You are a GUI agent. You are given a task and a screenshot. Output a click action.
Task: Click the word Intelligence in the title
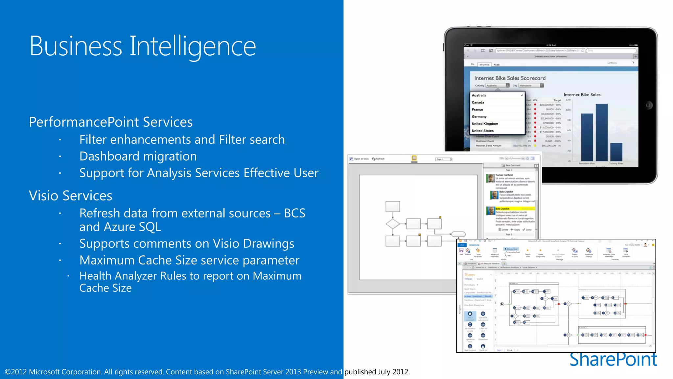point(193,47)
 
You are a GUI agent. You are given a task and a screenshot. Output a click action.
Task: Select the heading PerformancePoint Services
point(111,122)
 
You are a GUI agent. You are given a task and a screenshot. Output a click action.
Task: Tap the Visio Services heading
point(71,196)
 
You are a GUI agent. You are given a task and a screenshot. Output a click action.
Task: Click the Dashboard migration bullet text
point(138,156)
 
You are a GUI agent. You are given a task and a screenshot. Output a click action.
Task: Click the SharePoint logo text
point(613,359)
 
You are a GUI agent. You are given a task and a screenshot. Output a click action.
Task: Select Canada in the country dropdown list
point(478,103)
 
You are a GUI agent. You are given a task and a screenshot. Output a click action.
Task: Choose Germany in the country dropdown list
point(479,117)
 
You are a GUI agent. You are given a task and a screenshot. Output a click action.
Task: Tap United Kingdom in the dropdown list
point(485,124)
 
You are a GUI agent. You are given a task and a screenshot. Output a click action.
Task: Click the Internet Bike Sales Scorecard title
point(510,78)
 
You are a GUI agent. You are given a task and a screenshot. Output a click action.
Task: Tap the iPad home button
point(648,105)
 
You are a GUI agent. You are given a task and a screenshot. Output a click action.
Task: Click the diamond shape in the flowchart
point(393,224)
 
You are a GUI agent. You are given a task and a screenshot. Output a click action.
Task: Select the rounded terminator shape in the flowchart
point(458,234)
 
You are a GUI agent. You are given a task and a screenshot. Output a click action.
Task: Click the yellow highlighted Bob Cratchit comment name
point(502,209)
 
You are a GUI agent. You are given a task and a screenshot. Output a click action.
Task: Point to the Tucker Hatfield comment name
point(504,175)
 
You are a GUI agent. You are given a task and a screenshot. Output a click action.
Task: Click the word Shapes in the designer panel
point(470,275)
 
